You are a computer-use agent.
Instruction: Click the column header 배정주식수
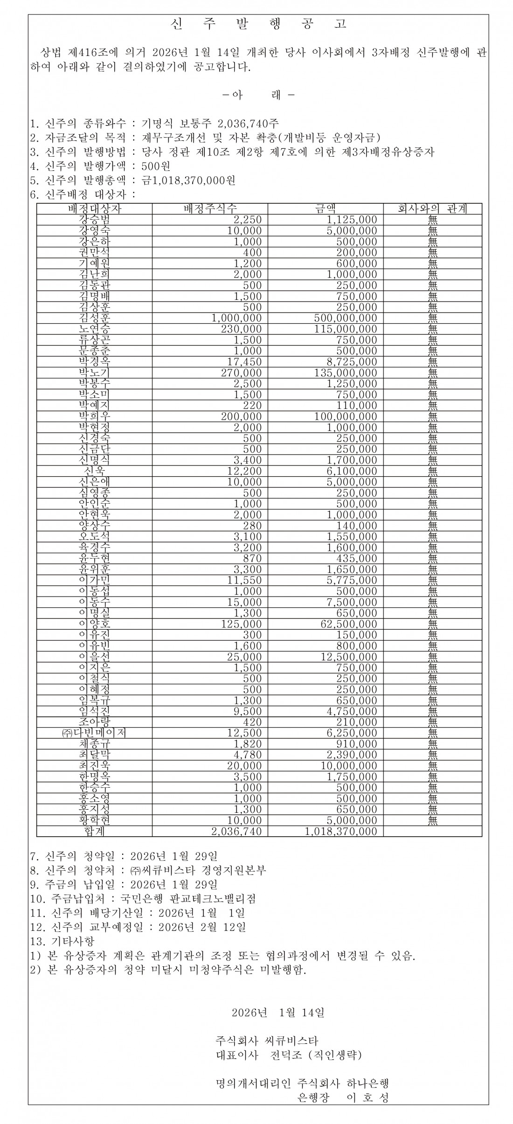pos(209,208)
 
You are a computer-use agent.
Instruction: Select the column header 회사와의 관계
pos(432,208)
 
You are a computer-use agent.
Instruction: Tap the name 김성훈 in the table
pos(95,318)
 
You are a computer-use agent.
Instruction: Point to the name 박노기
pos(95,373)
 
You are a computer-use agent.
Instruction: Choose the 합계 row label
pos(95,831)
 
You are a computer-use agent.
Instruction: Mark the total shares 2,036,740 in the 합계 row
pos(236,831)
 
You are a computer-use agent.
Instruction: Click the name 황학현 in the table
pos(95,820)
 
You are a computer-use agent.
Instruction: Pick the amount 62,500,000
pos(348,624)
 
